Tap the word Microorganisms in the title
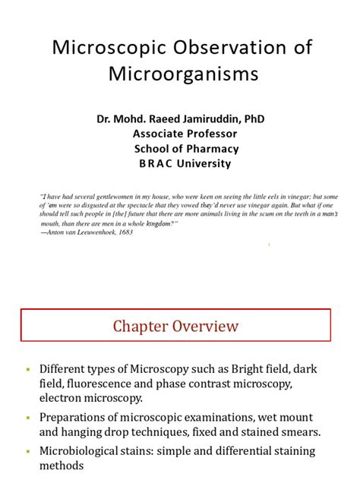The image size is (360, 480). click(180, 74)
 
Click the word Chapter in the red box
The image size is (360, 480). click(143, 327)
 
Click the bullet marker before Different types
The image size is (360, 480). click(28, 369)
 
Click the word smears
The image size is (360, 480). click(320, 431)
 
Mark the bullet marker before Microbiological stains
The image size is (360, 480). click(28, 450)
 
